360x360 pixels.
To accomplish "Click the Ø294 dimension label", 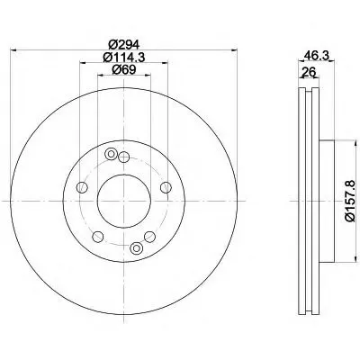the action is [123, 45].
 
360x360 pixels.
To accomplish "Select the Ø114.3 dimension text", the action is [124, 57].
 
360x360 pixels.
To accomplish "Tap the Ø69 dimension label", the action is [124, 69].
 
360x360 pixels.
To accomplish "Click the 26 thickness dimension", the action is [309, 72].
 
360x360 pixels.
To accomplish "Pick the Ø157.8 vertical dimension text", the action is [350, 201].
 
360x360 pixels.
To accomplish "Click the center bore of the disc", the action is [124, 201].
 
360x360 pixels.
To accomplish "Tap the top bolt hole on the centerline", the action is [123, 157].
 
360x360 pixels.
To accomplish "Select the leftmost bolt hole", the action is [82, 187].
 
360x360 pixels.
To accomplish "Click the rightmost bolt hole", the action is [166, 187].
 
